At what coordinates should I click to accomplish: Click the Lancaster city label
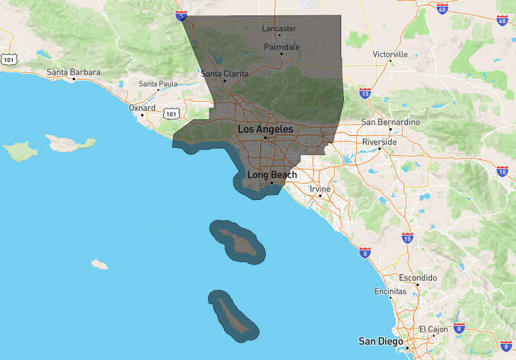pos(279,28)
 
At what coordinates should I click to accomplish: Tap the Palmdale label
pos(282,47)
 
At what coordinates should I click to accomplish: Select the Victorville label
pos(390,54)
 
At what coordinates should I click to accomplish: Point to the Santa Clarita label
pos(224,74)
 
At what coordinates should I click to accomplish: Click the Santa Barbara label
pos(74,72)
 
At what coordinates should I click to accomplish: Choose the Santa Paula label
pos(158,84)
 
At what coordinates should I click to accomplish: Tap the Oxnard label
pos(142,108)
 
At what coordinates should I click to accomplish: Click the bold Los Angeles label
pos(265,129)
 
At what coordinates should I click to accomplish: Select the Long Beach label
pos(272,175)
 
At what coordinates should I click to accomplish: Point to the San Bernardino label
pos(390,122)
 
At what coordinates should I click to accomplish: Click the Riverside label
pos(380,141)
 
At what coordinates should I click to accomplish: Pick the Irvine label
pos(320,189)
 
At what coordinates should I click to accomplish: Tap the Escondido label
pos(418,278)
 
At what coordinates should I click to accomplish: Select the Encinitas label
pos(390,292)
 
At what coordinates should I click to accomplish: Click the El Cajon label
pos(433,329)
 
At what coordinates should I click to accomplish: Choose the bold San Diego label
pos(381,341)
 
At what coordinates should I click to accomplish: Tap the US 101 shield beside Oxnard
pos(170,114)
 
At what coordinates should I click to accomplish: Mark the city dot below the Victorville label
pos(391,63)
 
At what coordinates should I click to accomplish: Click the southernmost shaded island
pos(233,314)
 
